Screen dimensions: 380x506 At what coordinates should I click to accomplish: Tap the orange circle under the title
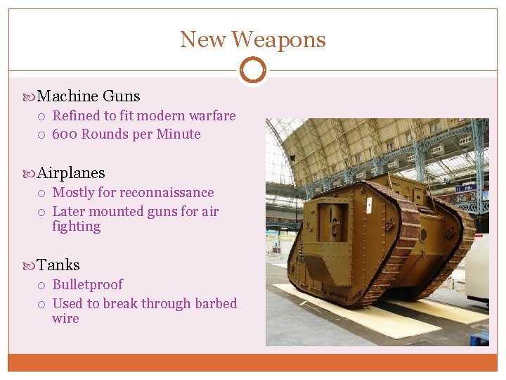click(252, 70)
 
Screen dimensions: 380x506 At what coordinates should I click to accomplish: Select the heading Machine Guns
click(88, 96)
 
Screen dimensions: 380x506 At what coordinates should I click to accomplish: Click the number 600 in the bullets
click(65, 134)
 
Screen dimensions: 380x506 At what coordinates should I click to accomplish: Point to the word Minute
click(179, 134)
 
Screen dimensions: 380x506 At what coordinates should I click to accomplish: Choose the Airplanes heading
click(70, 173)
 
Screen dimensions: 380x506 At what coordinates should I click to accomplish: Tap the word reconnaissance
click(167, 193)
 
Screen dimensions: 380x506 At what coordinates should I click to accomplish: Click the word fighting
click(76, 227)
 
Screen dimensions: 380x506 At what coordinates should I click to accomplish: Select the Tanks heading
click(58, 265)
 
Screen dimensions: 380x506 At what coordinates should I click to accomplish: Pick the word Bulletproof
click(87, 285)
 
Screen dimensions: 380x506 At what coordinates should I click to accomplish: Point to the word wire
click(65, 319)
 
